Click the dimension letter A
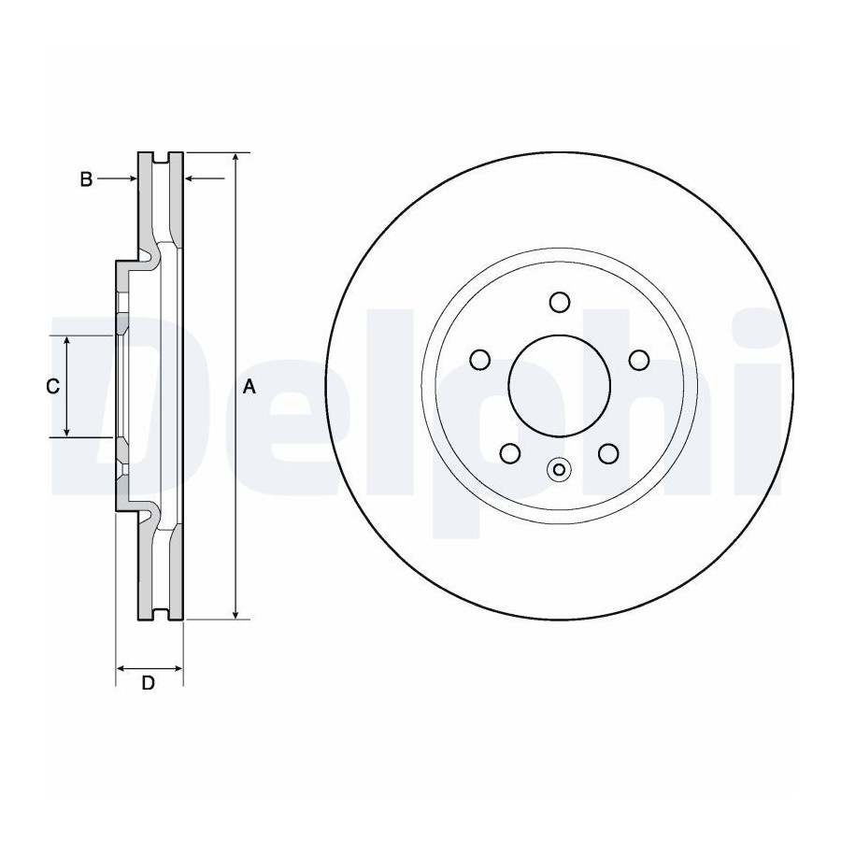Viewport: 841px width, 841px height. click(249, 386)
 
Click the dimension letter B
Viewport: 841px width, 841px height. click(86, 179)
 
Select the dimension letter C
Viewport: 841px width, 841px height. click(52, 386)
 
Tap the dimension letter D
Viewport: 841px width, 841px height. click(148, 683)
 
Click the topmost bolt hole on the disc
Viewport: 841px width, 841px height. click(560, 302)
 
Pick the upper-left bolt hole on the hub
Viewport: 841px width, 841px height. click(480, 360)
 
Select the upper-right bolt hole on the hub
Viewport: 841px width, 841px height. click(639, 360)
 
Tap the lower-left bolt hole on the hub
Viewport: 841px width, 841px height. click(510, 453)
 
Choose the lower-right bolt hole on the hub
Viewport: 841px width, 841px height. click(608, 453)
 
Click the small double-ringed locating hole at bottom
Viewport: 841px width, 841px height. click(559, 470)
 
